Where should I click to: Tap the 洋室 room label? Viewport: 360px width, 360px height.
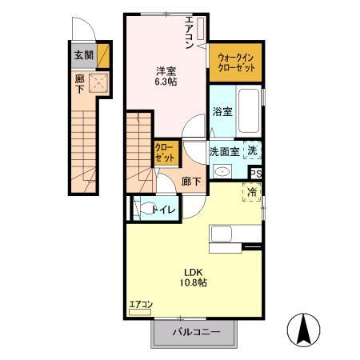coord(166,70)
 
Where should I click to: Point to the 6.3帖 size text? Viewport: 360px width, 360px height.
coord(166,81)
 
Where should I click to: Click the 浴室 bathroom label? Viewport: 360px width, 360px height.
coord(222,112)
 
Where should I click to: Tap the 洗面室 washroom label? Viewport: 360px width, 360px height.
coord(226,151)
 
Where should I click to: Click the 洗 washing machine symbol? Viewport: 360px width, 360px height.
coord(252,150)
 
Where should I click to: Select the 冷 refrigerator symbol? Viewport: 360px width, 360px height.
coord(253,192)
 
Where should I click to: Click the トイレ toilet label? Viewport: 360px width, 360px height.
coord(166,210)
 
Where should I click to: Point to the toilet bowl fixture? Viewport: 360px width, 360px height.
coord(146,210)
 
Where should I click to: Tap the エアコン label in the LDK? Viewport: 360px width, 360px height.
coord(141,304)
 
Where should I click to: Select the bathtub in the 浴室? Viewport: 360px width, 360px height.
coord(248,112)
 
